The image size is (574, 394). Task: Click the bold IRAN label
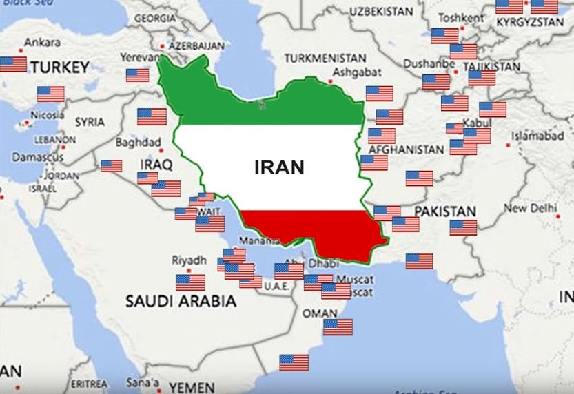(279, 167)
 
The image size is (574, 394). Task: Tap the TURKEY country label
(60, 68)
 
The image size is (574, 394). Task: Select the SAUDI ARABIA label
(181, 301)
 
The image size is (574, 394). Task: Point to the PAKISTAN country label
(445, 211)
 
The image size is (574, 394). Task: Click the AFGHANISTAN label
(406, 149)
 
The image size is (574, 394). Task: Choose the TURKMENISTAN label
(325, 57)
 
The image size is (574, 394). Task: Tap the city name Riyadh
(189, 260)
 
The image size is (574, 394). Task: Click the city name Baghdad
(138, 143)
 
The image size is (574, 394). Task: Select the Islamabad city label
(538, 135)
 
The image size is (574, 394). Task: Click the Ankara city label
(42, 43)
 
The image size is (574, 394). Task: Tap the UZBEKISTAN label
(381, 12)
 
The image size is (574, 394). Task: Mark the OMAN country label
(320, 313)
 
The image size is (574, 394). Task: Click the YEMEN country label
(192, 386)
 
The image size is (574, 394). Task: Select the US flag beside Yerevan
(137, 75)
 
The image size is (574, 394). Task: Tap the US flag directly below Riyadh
(190, 282)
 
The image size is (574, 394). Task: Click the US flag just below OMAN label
(338, 327)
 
